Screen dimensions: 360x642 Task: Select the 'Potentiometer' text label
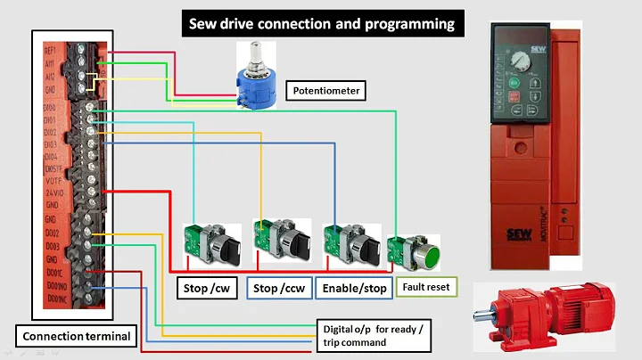pyautogui.click(x=328, y=90)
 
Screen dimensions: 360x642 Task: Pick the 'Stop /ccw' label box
pyautogui.click(x=279, y=289)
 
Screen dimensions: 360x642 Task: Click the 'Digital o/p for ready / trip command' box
pyautogui.click(x=375, y=333)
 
